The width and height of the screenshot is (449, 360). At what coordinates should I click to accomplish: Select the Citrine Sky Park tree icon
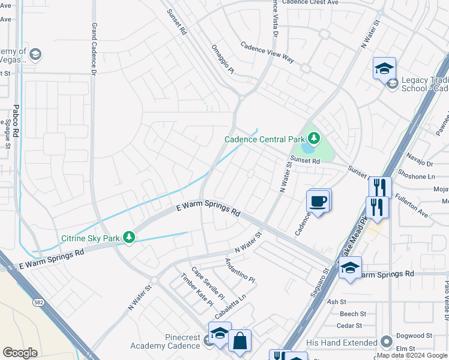pos(128,238)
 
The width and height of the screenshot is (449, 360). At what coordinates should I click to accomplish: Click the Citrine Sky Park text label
pos(91,238)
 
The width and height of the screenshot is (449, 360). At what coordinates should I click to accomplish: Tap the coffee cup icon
pos(318,200)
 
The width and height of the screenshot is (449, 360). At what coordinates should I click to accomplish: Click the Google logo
pos(20,352)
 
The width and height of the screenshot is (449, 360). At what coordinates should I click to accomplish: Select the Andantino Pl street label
pos(240,271)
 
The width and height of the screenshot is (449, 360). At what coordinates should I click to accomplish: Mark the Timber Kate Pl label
pos(197,289)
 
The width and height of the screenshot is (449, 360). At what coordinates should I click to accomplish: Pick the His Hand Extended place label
pos(342,342)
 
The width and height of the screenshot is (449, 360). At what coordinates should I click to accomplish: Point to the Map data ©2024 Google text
pos(412,355)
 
